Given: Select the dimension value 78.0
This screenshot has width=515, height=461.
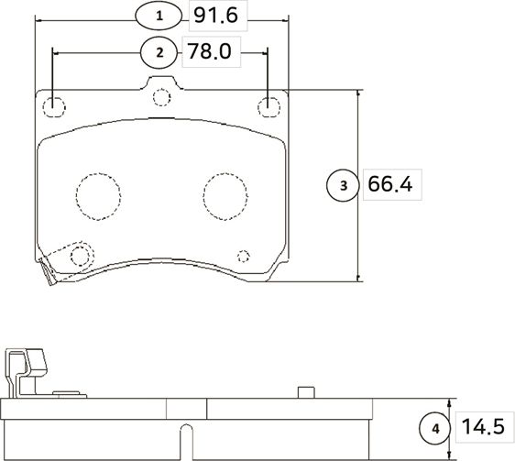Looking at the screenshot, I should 210,52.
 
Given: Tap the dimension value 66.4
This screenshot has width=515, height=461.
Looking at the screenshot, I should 389,185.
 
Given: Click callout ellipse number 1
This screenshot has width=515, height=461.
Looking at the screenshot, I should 159,16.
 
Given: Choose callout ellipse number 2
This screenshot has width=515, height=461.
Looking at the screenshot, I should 159,52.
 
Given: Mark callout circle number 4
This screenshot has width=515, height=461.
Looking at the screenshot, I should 435,428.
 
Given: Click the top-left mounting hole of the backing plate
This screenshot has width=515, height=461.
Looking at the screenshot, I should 55,106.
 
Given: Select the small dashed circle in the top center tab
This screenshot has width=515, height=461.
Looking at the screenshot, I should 161,97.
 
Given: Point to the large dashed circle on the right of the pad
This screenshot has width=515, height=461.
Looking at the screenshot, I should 225,193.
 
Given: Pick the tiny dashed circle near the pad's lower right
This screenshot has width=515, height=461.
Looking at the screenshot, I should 243,256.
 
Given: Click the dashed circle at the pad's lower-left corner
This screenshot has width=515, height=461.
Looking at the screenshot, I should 82,255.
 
